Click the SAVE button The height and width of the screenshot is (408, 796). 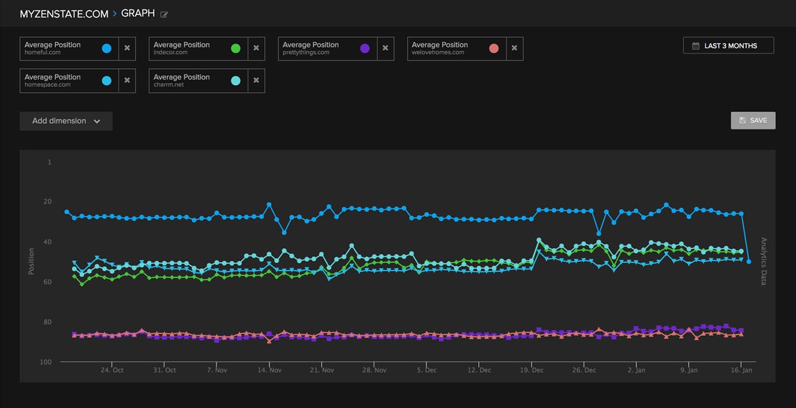pos(753,121)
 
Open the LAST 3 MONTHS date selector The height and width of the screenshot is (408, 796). pos(728,45)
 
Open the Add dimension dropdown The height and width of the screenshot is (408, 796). pos(66,121)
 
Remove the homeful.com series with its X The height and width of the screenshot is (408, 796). pos(127,49)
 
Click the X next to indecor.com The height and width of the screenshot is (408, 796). pos(256,49)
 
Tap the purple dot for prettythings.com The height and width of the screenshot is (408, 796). pos(364,49)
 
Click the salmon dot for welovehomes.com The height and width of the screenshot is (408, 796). pos(494,49)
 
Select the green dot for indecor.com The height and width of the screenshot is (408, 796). pos(236,49)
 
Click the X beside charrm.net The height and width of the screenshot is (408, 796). pos(256,81)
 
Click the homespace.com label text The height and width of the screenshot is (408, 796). pos(47,85)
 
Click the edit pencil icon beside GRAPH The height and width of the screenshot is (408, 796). pos(164,14)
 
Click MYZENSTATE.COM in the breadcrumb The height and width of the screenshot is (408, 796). pos(64,14)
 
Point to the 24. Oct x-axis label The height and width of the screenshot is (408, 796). pos(112,370)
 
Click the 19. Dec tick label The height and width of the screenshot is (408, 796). pos(531,370)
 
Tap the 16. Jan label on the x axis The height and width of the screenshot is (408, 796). pos(741,370)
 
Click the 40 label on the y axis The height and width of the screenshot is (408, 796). pos(49,242)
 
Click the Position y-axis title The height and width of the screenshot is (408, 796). pos(31,262)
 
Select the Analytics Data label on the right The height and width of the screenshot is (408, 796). pos(764,261)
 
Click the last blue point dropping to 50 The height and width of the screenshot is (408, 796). pos(749,262)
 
